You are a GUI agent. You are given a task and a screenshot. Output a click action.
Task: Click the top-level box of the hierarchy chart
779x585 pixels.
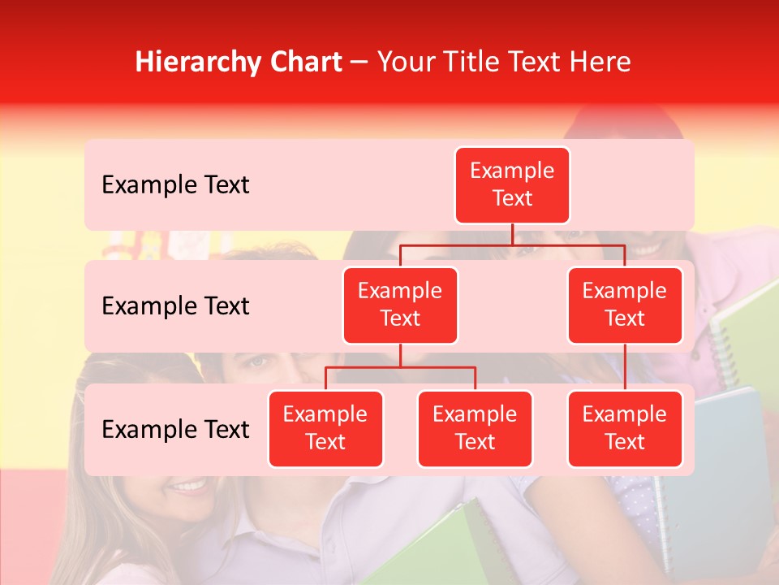pyautogui.click(x=512, y=184)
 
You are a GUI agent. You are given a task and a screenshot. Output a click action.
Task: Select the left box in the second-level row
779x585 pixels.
pyautogui.click(x=400, y=305)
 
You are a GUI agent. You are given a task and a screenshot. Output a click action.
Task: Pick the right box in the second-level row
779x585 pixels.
pyautogui.click(x=625, y=305)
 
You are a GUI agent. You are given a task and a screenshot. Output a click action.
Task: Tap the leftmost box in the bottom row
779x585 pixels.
pyautogui.click(x=325, y=428)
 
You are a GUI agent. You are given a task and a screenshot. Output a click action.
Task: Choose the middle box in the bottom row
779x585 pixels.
pyautogui.click(x=475, y=428)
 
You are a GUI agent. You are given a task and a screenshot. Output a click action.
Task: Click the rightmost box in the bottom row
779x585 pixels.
pyautogui.click(x=625, y=428)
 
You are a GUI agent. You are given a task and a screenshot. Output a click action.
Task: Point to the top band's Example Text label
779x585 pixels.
pyautogui.click(x=175, y=185)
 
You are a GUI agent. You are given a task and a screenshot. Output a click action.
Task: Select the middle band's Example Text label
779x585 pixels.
pyautogui.click(x=175, y=306)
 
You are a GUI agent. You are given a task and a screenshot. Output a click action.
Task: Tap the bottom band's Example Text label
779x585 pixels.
pyautogui.click(x=175, y=430)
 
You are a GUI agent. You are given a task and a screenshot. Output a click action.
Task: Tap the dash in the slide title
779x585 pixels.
pyautogui.click(x=359, y=63)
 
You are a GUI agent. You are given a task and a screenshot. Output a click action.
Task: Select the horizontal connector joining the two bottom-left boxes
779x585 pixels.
pyautogui.click(x=400, y=367)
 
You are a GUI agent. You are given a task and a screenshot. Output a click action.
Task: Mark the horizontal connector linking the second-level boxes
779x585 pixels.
pyautogui.click(x=512, y=245)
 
